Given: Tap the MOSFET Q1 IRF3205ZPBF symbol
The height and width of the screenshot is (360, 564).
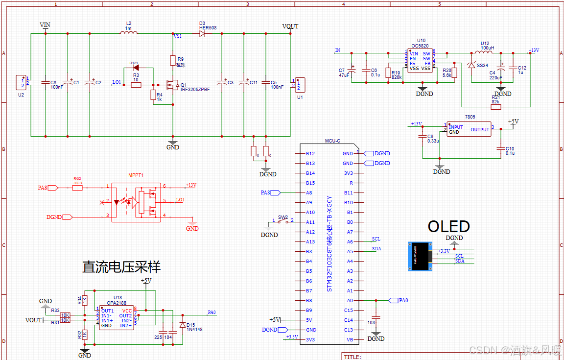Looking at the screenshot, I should point(172,85).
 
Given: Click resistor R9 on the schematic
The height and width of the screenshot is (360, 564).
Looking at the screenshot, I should point(172,60).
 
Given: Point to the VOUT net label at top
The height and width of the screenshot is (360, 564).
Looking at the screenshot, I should point(290,26).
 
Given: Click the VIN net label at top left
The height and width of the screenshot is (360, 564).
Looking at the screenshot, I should point(45,24).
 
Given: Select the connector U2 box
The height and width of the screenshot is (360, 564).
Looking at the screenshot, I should point(22,82).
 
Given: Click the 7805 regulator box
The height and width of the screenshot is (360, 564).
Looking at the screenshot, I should point(469,129).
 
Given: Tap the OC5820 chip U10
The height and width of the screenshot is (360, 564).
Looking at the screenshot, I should point(420,61).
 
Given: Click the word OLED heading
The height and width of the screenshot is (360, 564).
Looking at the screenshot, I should point(448,226).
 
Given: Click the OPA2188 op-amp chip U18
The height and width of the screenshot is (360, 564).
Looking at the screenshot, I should point(116,318).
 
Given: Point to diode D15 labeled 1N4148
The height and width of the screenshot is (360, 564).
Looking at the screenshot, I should point(183,325).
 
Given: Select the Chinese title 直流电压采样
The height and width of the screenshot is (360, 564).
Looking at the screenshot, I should point(121,267).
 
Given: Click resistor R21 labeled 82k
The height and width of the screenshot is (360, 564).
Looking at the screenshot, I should point(495,106).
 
